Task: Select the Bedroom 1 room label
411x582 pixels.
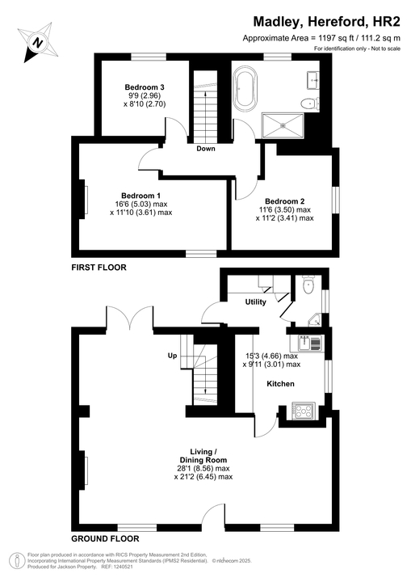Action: click(141, 196)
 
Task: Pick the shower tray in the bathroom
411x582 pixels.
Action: click(283, 123)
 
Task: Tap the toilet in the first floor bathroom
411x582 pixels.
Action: click(307, 103)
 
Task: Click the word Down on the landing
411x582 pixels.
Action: click(205, 149)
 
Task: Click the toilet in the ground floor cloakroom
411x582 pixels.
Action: click(307, 286)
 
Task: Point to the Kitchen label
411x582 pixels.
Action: click(280, 383)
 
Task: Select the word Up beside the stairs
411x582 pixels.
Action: click(172, 356)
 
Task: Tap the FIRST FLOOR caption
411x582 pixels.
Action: click(99, 266)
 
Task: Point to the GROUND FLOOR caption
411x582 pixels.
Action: click(105, 538)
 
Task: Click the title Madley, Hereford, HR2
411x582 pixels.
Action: click(327, 22)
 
